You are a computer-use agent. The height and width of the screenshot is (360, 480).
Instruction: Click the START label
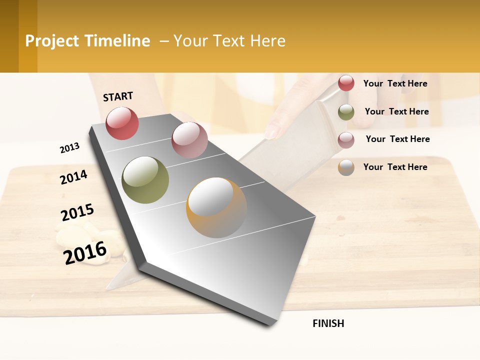coord(118,96)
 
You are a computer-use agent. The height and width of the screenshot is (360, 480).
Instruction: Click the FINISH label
coord(328,323)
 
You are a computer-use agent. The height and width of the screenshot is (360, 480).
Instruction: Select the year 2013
coord(69,147)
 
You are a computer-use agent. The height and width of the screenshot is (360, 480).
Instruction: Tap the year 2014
coord(73,177)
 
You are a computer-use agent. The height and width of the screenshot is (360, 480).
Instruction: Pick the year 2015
coord(77,212)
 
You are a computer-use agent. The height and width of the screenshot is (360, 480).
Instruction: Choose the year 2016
coord(85,252)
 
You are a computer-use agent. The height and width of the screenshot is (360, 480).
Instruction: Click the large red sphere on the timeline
coord(122,123)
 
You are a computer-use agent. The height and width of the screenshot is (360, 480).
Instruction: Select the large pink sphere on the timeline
coord(189,140)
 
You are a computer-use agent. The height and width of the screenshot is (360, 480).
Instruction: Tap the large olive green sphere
coord(145,180)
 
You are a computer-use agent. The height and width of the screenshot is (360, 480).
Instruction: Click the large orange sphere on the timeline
coord(216,207)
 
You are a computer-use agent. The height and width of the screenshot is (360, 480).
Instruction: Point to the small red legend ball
coord(346,83)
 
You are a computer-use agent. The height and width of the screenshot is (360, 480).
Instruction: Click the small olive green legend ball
coord(346,112)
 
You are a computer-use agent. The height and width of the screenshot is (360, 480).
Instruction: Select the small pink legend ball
coord(346,139)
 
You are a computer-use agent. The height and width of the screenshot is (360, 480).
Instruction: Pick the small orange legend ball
coord(346,167)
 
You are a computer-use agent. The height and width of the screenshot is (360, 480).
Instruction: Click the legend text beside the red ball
coord(395,83)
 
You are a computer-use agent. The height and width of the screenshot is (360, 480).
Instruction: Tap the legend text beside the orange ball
coord(395,167)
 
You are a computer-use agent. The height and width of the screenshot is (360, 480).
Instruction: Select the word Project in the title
coord(51,41)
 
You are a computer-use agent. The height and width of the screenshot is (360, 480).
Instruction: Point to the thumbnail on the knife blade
coord(273,131)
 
